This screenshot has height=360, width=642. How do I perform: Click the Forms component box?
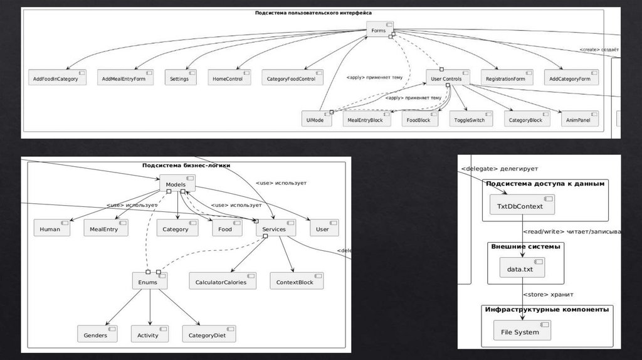(x=380, y=29)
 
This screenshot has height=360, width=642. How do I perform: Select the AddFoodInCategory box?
(x=58, y=78)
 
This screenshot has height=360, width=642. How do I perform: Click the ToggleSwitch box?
(x=471, y=119)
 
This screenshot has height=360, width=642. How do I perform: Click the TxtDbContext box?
(x=521, y=206)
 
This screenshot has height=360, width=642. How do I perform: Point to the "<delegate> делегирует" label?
(x=499, y=169)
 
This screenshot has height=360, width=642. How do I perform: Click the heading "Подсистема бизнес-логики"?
(x=186, y=166)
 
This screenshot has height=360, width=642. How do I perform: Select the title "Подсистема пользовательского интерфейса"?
(x=313, y=13)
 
